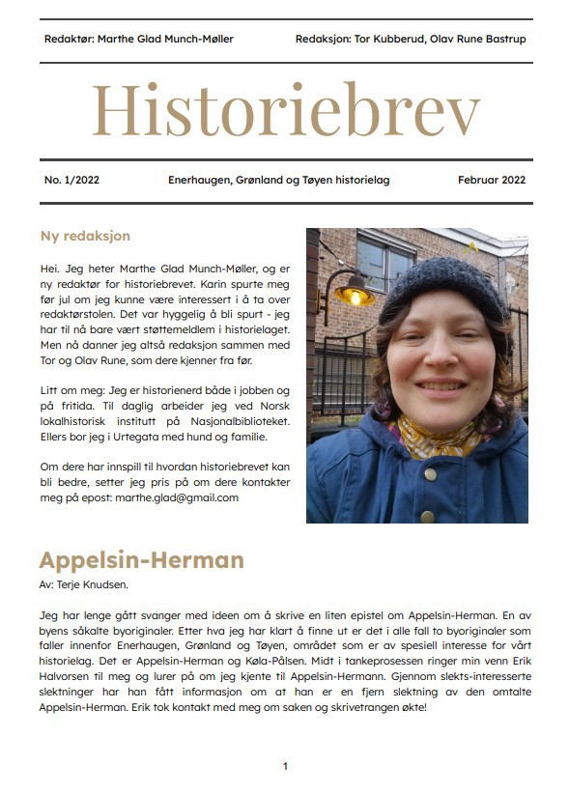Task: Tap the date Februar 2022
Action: click(492, 180)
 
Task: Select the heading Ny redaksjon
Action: click(85, 236)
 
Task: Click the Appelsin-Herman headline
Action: click(141, 560)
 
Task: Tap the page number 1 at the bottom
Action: click(285, 766)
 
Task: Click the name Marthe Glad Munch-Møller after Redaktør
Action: click(166, 40)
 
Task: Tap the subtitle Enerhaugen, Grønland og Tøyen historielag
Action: click(278, 180)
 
